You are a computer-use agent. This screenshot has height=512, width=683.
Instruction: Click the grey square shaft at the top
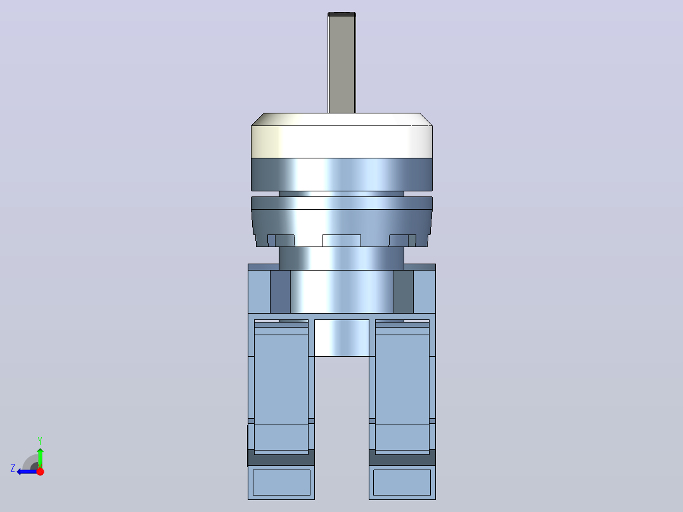[x=341, y=63]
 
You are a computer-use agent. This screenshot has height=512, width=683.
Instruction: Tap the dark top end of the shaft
[x=341, y=15]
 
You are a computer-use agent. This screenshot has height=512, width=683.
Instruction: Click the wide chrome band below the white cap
[x=341, y=174]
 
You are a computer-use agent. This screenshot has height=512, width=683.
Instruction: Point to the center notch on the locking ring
[x=341, y=241]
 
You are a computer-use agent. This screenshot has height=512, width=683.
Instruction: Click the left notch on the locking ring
[x=281, y=241]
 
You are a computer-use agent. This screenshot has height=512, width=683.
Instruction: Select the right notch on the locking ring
[x=402, y=241]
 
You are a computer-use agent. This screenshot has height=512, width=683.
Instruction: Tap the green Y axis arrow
[x=40, y=458]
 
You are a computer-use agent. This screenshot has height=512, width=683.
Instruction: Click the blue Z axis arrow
[x=27, y=471]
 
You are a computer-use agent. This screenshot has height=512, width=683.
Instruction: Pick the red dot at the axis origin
[x=40, y=471]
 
